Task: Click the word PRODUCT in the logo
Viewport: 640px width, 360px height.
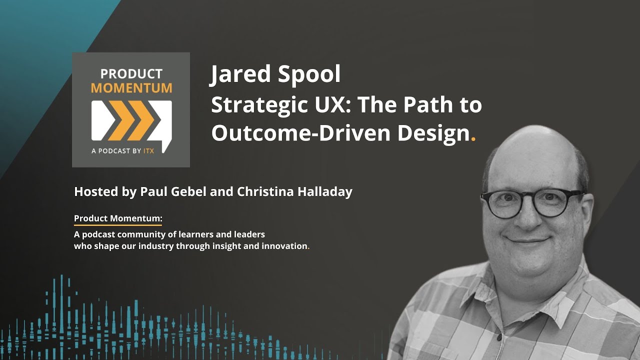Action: coord(131,74)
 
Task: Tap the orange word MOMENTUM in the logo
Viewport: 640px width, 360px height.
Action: coord(131,88)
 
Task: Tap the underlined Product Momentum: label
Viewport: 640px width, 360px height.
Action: coord(118,218)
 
